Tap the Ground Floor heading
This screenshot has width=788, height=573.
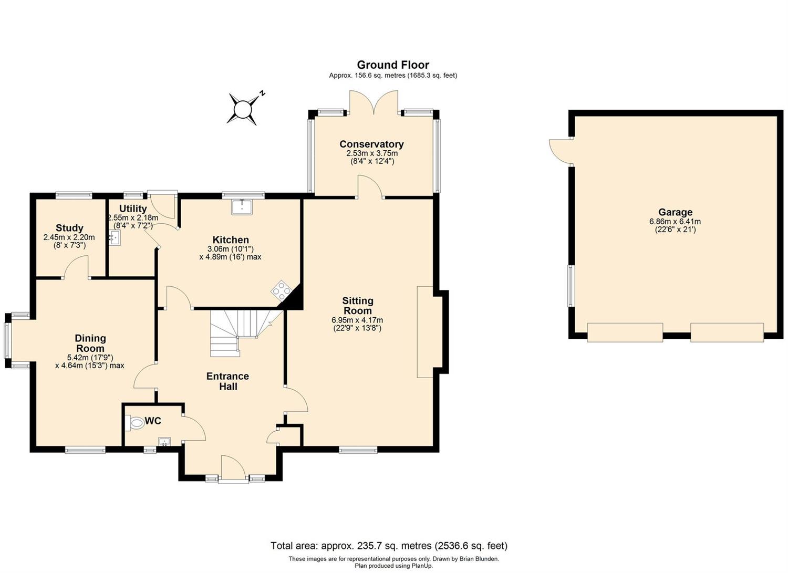click(393, 65)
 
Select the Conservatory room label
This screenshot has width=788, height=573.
click(371, 144)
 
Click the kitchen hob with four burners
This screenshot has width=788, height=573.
click(282, 290)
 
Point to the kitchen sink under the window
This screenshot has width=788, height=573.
click(242, 206)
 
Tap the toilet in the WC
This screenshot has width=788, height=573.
click(134, 423)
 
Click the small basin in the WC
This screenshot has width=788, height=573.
click(164, 442)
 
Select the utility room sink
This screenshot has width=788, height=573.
click(115, 238)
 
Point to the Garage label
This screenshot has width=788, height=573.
click(675, 212)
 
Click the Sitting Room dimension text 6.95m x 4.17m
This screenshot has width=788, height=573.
click(357, 320)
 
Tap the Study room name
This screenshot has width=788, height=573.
click(69, 228)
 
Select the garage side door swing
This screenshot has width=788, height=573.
click(561, 151)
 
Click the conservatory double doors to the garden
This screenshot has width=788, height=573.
click(374, 102)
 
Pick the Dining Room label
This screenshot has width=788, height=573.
click(90, 343)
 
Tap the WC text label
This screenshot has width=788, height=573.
click(153, 421)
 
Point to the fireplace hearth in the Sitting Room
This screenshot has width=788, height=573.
click(425, 332)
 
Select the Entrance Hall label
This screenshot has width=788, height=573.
click(227, 381)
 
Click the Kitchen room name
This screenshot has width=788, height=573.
click(231, 240)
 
